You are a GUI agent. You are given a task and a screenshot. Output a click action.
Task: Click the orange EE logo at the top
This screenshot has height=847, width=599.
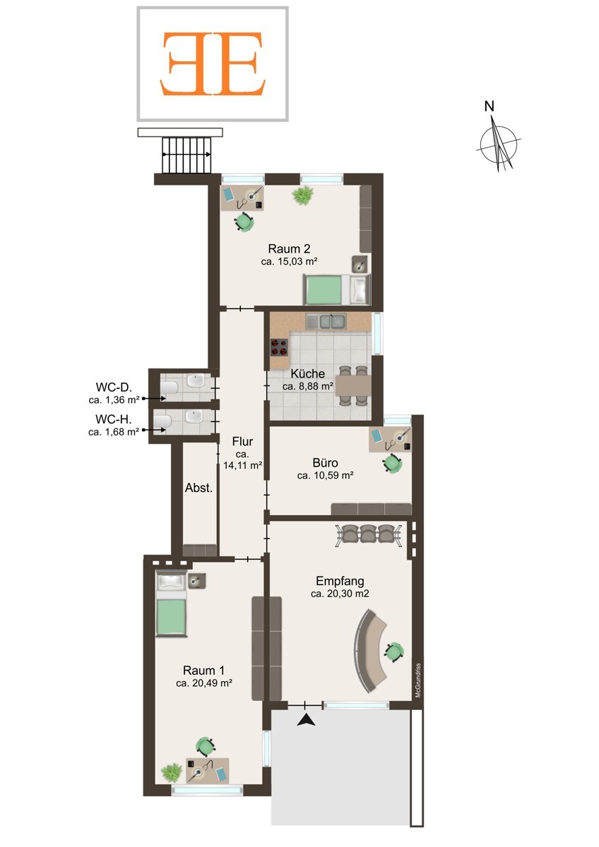pyautogui.click(x=213, y=64)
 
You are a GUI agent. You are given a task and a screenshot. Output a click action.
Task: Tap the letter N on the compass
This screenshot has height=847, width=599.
pyautogui.click(x=490, y=107)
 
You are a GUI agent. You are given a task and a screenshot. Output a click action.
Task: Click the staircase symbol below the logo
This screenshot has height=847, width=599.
pyautogui.click(x=186, y=155)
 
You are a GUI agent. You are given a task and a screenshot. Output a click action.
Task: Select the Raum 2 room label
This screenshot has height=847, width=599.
pyautogui.click(x=289, y=248)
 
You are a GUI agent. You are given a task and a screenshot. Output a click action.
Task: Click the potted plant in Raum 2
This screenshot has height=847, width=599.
pyautogui.click(x=303, y=196)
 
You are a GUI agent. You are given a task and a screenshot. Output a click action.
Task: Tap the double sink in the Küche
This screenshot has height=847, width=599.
pyautogui.click(x=326, y=321)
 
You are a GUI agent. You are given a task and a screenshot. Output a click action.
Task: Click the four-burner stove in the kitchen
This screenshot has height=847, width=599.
pyautogui.click(x=279, y=347)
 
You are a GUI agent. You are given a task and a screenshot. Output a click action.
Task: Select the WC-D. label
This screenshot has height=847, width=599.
pyautogui.click(x=114, y=388)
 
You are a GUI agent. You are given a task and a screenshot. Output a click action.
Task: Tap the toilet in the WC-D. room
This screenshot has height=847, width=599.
pyautogui.click(x=169, y=388)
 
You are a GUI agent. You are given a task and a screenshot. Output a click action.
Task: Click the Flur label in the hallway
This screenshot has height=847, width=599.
pyautogui.click(x=242, y=441)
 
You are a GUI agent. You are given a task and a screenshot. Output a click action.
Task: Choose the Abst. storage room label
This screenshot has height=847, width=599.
pyautogui.click(x=198, y=488)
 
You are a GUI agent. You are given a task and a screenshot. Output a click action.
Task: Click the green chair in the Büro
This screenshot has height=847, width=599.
pyautogui.click(x=392, y=463)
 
